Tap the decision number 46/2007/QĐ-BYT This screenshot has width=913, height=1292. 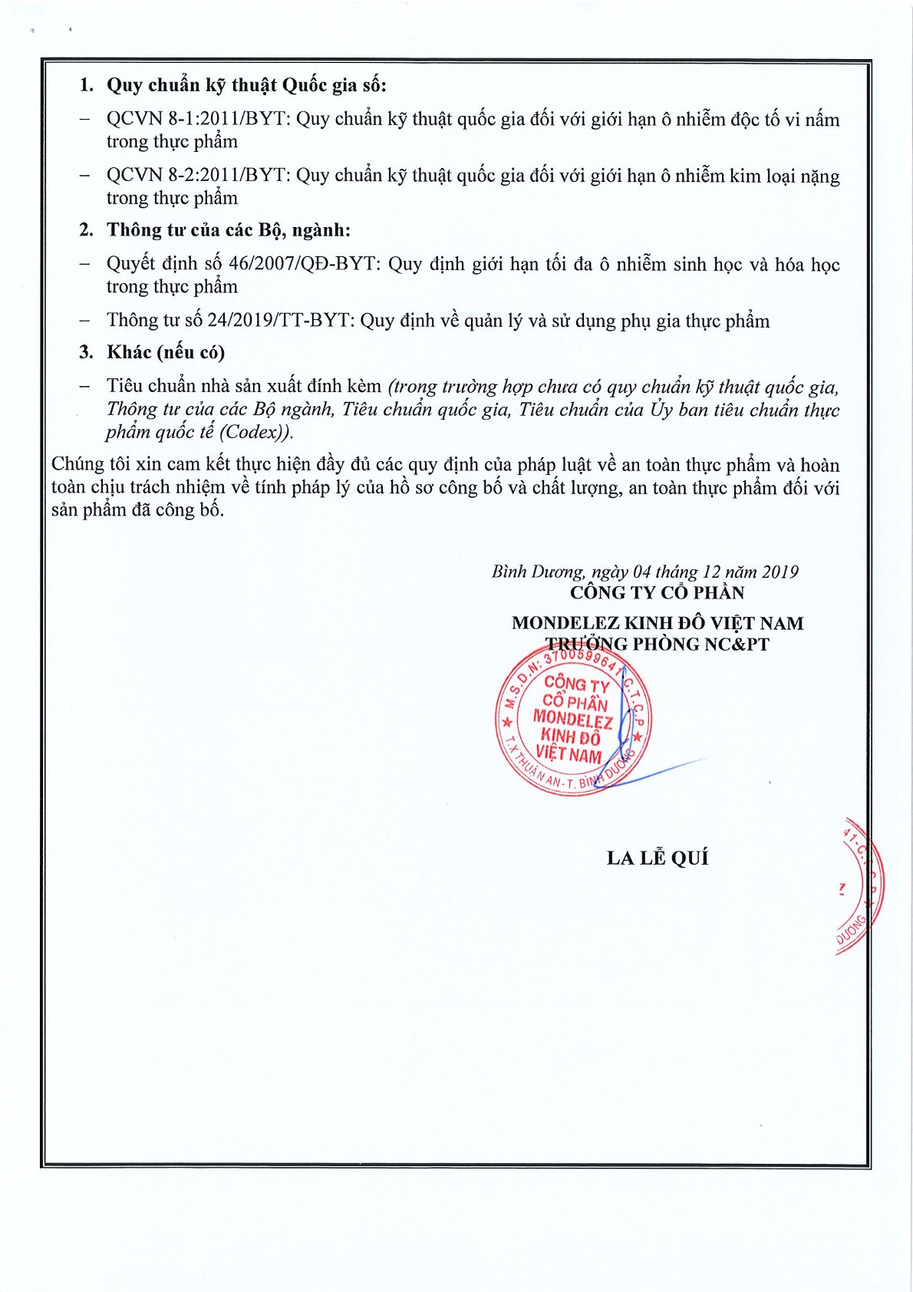click(x=303, y=265)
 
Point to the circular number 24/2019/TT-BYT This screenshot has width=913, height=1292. click(x=281, y=321)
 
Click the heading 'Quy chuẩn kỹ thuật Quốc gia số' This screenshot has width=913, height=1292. click(x=246, y=84)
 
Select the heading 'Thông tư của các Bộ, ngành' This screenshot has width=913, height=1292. click(x=228, y=229)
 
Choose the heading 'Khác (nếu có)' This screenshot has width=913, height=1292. click(x=165, y=352)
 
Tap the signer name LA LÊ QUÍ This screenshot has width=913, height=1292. click(x=658, y=858)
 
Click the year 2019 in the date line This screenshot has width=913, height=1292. click(x=780, y=572)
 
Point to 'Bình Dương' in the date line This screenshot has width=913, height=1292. click(x=537, y=572)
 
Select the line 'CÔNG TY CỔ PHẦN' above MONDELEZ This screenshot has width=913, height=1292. click(x=657, y=592)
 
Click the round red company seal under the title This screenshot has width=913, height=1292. click(x=573, y=719)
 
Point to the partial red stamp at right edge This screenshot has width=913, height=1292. click(x=859, y=886)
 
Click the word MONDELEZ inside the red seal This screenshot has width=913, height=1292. click(x=572, y=720)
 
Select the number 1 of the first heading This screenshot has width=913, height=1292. click(x=85, y=84)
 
